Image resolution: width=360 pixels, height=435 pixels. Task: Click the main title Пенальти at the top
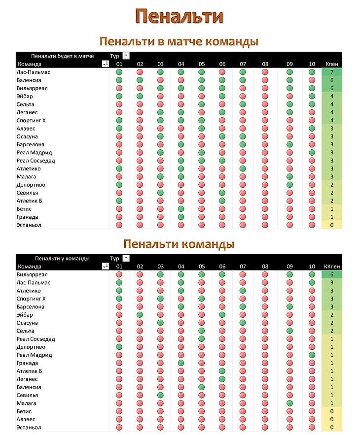coord(180,16)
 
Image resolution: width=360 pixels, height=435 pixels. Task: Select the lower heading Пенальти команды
coord(179,244)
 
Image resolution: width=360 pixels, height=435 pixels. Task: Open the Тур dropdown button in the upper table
coord(126,56)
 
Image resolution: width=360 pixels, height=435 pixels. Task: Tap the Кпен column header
coord(331,64)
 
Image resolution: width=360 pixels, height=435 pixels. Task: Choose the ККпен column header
coord(331,267)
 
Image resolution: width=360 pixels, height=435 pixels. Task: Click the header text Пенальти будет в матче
coord(62,56)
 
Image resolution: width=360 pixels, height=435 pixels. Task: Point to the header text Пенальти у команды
coord(62,258)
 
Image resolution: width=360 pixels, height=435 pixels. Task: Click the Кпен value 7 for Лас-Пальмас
coord(331,72)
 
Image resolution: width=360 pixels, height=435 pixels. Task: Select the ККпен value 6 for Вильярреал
coord(331,274)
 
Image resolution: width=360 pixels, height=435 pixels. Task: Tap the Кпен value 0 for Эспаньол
coord(331,225)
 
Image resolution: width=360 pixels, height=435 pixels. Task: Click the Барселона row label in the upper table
coord(31,145)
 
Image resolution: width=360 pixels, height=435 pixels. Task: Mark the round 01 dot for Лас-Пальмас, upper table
coord(119,72)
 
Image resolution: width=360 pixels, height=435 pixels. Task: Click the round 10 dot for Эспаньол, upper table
coord(312,225)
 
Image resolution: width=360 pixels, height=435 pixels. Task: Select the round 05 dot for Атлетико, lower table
coord(202,291)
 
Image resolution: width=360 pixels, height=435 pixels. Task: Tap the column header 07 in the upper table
coord(243,64)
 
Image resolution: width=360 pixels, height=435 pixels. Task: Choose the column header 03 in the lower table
coord(160,267)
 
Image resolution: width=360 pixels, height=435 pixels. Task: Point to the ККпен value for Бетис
coord(331,411)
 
